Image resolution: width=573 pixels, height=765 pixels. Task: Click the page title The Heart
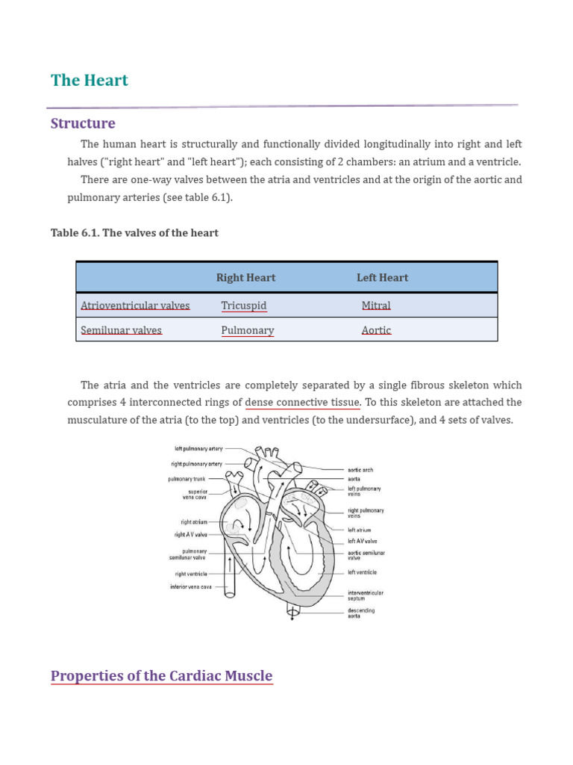point(90,81)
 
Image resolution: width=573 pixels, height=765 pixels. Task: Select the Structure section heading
point(83,123)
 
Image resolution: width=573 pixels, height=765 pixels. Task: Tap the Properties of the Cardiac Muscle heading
point(161,676)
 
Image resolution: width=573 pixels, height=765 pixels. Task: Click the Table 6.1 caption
point(134,233)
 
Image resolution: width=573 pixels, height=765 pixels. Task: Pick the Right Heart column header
point(245,278)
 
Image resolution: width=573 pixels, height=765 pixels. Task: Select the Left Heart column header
point(382,278)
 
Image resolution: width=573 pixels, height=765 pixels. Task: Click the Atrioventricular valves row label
point(135,306)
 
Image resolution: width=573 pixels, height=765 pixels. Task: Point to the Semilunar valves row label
point(121,330)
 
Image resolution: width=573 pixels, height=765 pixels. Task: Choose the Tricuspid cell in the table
point(243,306)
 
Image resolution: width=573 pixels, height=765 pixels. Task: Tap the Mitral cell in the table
point(376,306)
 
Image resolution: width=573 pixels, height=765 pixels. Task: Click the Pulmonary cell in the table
point(248,330)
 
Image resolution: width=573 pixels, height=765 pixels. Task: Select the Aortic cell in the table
point(376,330)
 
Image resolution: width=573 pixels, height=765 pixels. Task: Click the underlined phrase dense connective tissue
point(302,403)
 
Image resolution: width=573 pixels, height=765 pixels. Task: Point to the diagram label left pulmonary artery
point(199,449)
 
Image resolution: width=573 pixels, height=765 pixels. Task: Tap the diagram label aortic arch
point(360,470)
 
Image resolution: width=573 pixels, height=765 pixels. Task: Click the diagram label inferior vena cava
point(190,587)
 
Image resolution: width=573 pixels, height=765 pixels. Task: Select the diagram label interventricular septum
point(366,595)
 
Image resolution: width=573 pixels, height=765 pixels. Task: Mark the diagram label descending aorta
point(361,613)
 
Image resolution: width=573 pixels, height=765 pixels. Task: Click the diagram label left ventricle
point(362,572)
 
